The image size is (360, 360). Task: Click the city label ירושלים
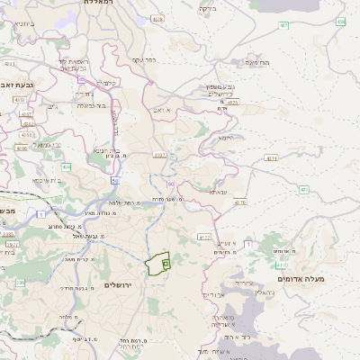pos(118,284)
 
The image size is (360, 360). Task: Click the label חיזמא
pos(225,138)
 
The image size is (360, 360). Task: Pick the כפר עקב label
pos(144,60)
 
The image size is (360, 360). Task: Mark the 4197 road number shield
pos(160,154)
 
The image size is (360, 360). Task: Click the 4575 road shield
pos(232,103)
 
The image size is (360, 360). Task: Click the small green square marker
pos(166,264)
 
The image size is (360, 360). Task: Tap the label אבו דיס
pos(212,294)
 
